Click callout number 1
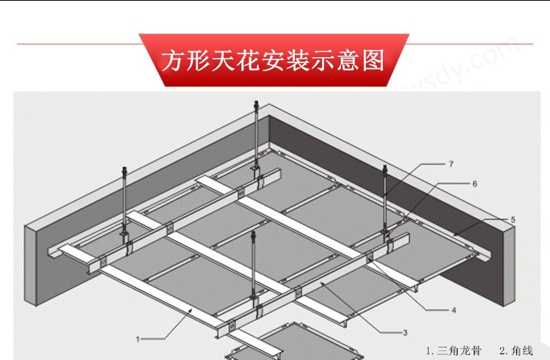(x=139, y=339)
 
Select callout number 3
(x=405, y=332)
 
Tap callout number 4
(x=453, y=310)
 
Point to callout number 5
(x=513, y=219)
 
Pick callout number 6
(x=474, y=183)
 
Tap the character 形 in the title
(x=196, y=60)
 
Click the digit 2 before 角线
(x=502, y=350)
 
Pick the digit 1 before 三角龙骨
(x=429, y=350)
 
